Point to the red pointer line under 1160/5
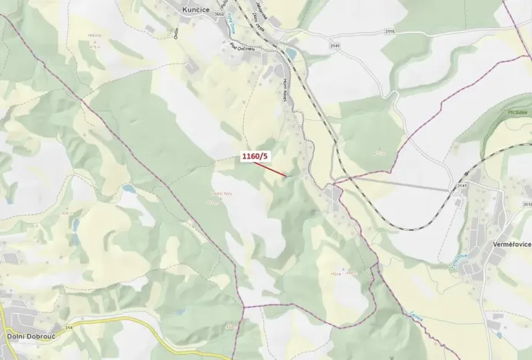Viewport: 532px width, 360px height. click(273, 170)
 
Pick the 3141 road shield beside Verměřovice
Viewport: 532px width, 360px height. click(462, 185)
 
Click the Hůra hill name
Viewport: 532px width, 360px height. click(336, 272)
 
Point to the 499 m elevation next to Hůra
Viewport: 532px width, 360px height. click(353, 272)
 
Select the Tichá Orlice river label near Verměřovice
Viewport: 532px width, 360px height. click(460, 262)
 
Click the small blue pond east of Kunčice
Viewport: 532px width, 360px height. click(290, 53)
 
